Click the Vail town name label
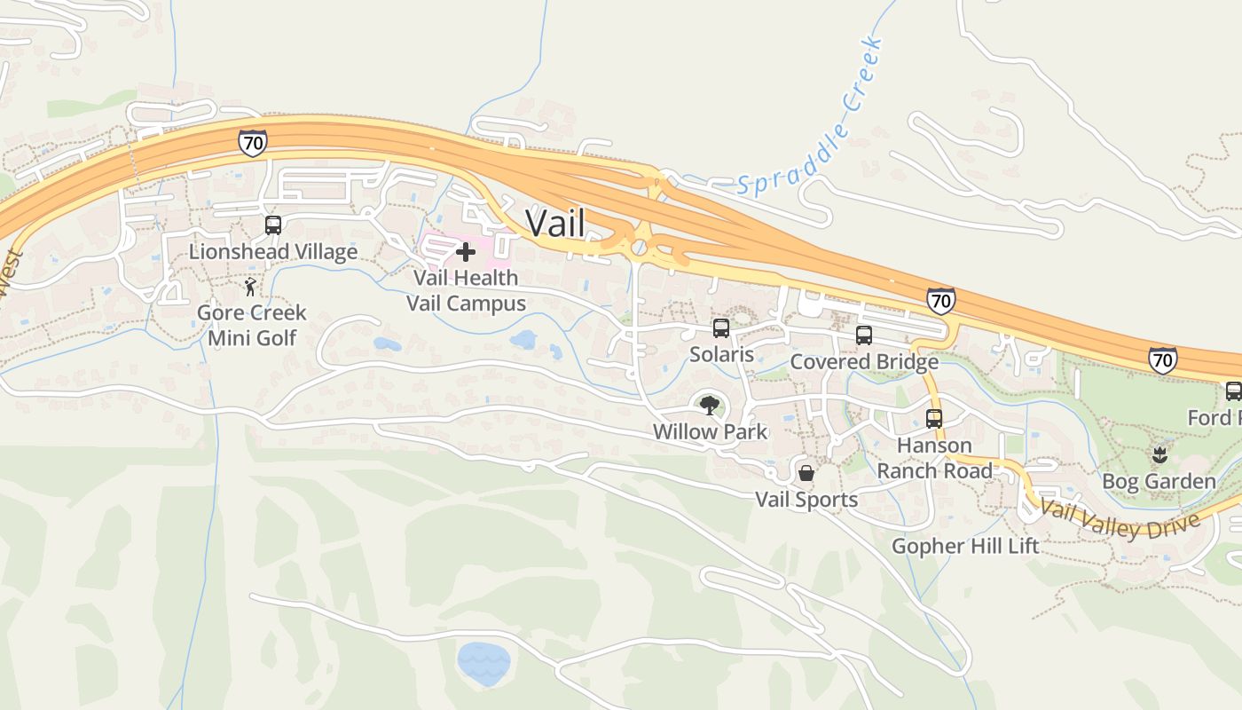point(555,223)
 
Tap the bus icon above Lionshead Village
point(273,225)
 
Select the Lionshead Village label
point(273,251)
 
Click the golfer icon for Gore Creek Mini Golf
point(251,287)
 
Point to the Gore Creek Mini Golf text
point(252,325)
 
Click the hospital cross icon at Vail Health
point(466,252)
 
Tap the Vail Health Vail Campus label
point(466,290)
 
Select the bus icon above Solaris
point(721,328)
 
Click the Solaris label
point(721,354)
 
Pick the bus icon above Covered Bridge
point(864,335)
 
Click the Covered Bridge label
point(864,361)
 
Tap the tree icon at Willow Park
point(709,406)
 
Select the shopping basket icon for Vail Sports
point(806,473)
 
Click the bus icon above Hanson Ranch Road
point(934,419)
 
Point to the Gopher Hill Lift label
point(965,545)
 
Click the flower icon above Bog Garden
point(1159,456)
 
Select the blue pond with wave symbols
point(483,662)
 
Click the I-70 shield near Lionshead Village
point(253,142)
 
